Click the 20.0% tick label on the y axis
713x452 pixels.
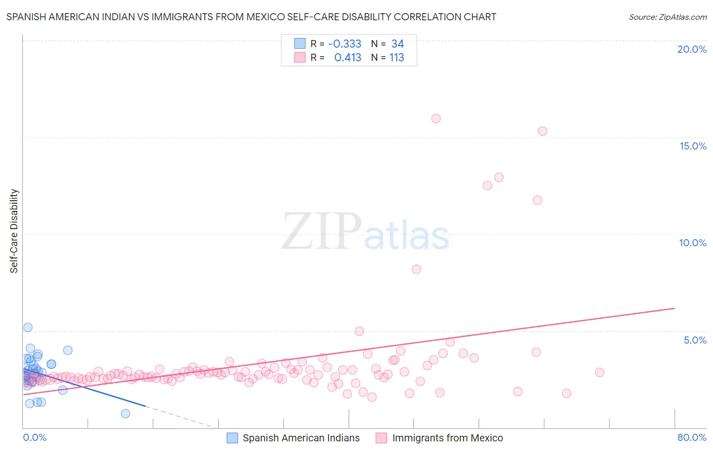(692, 49)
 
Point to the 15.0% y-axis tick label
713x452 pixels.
(693, 146)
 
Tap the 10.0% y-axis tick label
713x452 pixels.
(693, 243)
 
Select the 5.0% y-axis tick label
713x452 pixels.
(695, 340)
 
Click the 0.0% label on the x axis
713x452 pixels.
(34, 437)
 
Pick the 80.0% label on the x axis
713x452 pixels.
(692, 437)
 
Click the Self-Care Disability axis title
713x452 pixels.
(14, 231)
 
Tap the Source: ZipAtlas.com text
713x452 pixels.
(667, 17)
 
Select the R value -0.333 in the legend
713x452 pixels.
(345, 44)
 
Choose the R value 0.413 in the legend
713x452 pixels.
(347, 58)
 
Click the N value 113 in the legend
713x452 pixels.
(397, 58)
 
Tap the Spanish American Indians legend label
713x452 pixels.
(301, 438)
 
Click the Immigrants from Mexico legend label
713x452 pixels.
(447, 438)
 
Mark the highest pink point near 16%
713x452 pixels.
(436, 119)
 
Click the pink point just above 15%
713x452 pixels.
(543, 131)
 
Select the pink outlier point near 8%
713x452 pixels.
(416, 269)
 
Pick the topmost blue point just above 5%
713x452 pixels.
(28, 327)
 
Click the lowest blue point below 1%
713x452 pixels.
(125, 413)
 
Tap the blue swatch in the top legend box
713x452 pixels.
(300, 44)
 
